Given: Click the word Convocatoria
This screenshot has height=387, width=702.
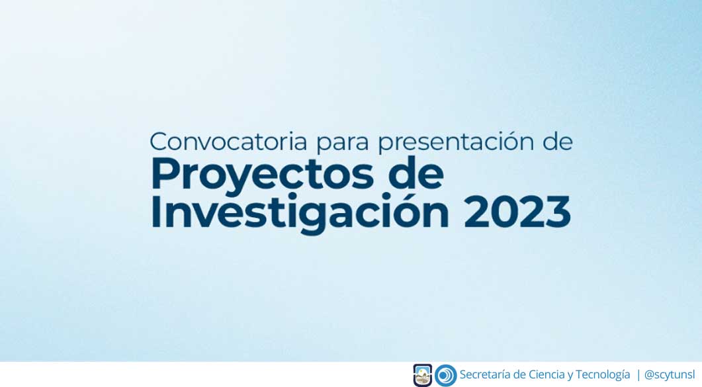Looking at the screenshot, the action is (x=228, y=142).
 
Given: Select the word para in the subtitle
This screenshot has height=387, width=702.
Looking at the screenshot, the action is (x=343, y=144).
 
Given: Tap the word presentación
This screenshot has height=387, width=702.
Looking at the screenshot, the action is (x=456, y=142).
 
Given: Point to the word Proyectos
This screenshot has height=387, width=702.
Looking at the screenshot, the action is (x=263, y=175).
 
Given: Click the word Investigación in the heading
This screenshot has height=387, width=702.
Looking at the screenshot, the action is (x=300, y=212).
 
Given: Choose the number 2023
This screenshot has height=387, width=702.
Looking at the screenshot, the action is (x=517, y=212).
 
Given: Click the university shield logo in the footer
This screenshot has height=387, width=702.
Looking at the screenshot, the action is (x=422, y=375).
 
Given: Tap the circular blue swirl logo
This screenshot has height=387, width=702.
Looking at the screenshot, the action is (x=445, y=375).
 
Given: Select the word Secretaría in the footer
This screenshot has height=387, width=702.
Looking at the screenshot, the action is (x=485, y=374).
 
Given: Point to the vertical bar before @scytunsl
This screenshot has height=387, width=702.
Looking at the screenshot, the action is (x=638, y=375).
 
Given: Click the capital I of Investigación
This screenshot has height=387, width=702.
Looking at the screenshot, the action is (x=155, y=212).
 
